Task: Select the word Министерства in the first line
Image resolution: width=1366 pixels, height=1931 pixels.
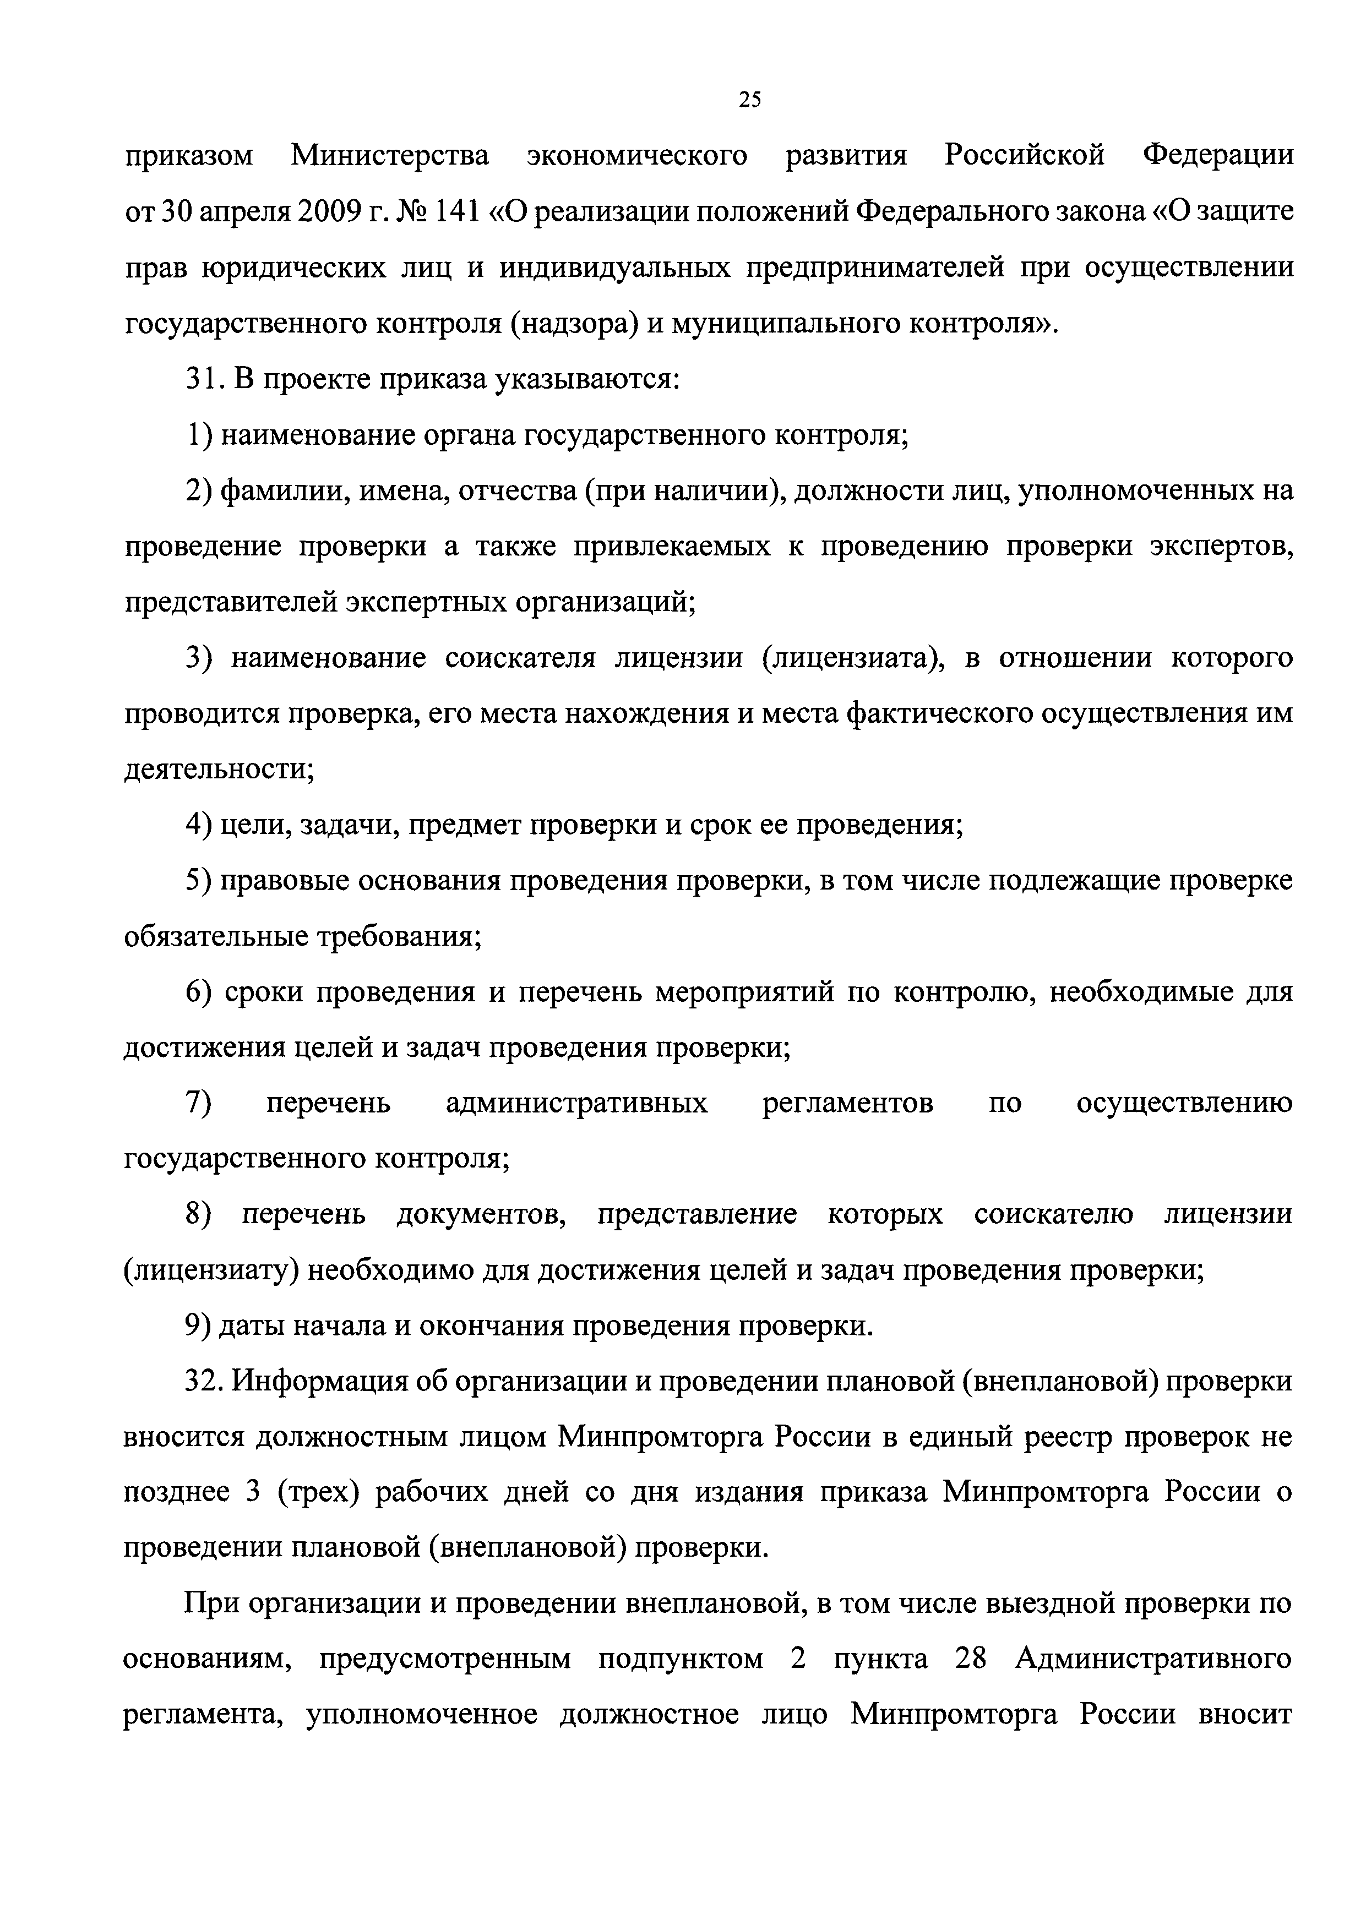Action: click(x=389, y=156)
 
